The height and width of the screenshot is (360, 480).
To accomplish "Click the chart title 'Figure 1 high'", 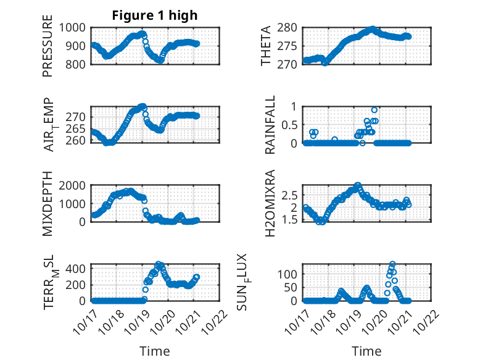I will pos(154,15).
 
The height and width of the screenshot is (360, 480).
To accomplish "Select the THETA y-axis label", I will pos(266,46).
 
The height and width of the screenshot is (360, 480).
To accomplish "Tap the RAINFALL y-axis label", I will pos(270,125).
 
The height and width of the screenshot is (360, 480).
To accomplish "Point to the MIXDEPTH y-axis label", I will pos(48,204).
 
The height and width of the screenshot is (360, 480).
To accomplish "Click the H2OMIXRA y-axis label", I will pos(270,204).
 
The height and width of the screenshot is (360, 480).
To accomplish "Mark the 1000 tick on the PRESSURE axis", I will pos(78,27).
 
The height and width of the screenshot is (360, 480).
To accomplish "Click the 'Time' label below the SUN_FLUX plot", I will pos(366,351).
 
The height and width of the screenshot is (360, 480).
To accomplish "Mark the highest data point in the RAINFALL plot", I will pos(374,110).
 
